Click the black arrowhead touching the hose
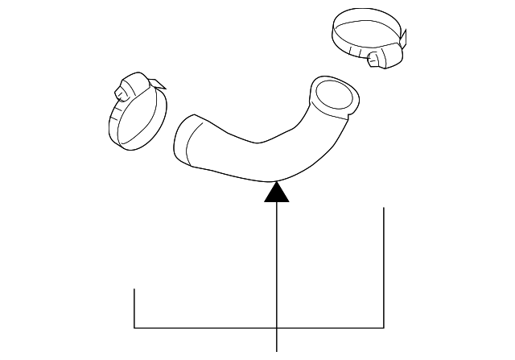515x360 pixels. [277, 192]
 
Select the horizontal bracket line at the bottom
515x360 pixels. [201, 329]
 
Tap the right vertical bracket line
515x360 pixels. [384, 266]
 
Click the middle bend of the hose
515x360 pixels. [266, 153]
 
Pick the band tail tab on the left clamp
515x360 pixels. [156, 83]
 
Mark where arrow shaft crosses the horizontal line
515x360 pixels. [277, 329]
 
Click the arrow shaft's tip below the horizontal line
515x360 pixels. [277, 350]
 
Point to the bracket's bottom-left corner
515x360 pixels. [134, 329]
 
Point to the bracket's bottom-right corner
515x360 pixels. [384, 329]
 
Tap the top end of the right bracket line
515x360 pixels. [384, 208]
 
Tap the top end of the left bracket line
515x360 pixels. [134, 288]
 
